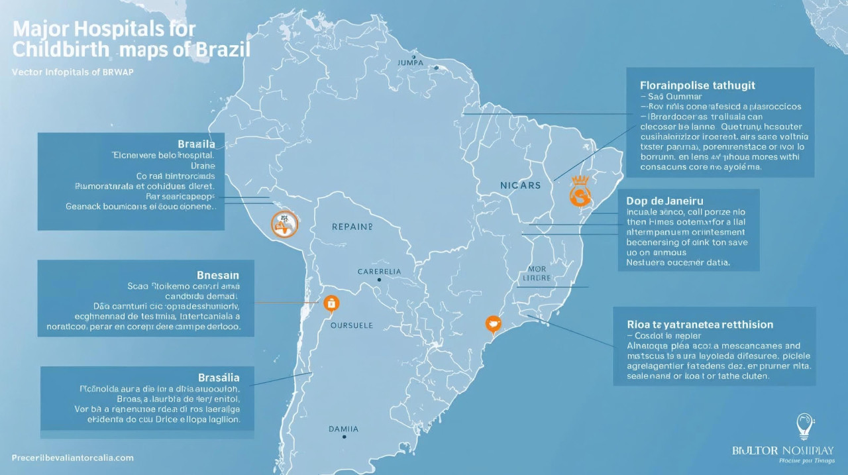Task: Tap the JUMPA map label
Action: (410, 62)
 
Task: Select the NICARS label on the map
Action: (521, 185)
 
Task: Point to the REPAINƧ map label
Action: (352, 227)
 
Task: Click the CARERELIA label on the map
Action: (379, 272)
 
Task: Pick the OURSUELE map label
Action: (351, 325)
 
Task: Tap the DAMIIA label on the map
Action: (344, 429)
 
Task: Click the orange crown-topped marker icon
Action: (579, 192)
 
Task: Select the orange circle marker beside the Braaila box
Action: (284, 225)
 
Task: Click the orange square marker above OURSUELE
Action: (331, 303)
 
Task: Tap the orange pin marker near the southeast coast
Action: (493, 323)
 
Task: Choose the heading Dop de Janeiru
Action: (664, 200)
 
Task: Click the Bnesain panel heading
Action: (218, 274)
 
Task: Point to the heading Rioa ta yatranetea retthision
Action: (700, 325)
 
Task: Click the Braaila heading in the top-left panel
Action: (196, 144)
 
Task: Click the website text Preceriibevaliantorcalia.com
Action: (73, 458)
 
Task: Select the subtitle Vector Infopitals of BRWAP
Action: (73, 72)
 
